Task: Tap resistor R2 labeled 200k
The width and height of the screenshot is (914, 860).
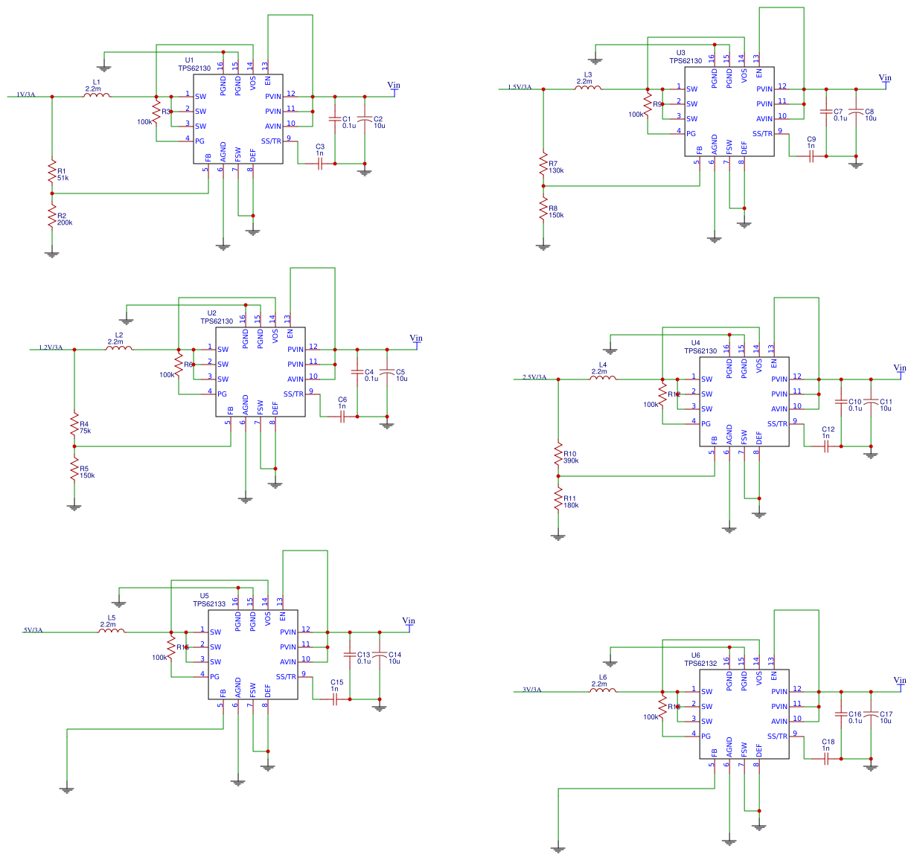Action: point(52,217)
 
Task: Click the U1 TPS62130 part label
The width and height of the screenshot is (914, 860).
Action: point(194,64)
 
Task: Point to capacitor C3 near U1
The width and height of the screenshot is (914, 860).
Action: point(320,163)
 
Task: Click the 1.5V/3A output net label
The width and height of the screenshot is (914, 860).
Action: point(520,87)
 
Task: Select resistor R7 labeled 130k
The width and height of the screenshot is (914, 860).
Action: point(543,165)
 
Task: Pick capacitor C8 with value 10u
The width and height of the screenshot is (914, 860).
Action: point(856,112)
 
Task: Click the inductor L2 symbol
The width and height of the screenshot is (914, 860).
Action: point(119,347)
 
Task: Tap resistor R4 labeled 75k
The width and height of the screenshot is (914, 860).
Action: point(74,426)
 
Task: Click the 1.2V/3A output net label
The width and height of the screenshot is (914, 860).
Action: point(51,347)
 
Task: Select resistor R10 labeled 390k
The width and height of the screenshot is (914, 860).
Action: point(558,455)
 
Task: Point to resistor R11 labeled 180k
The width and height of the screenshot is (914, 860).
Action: point(558,500)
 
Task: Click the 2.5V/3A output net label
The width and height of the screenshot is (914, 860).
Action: point(534,377)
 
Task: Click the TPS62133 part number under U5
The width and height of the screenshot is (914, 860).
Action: point(209,604)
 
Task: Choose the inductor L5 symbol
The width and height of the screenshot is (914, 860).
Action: point(112,630)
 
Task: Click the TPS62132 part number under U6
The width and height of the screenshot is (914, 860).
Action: point(700,664)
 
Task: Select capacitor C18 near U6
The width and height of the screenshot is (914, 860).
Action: point(826,758)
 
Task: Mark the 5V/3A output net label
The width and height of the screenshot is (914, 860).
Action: point(33,630)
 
